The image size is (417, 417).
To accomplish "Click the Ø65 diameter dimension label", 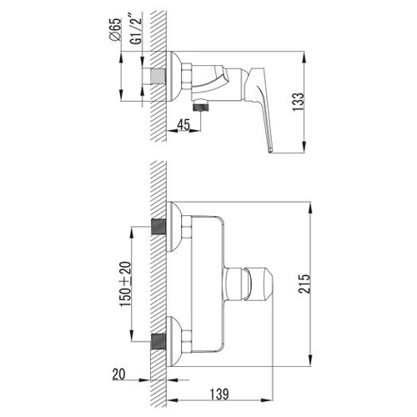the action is [116, 29].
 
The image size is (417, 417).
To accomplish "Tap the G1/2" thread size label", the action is [136, 31].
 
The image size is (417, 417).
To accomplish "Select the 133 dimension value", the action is [298, 102].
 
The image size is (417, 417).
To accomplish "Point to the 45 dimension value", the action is [183, 124].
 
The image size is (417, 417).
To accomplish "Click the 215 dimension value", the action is [304, 284].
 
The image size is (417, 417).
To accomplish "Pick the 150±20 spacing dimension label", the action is [125, 284].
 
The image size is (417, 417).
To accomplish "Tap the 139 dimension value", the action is [219, 394].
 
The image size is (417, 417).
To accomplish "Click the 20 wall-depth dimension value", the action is [118, 374].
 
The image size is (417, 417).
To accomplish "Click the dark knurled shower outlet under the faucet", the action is [201, 106].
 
